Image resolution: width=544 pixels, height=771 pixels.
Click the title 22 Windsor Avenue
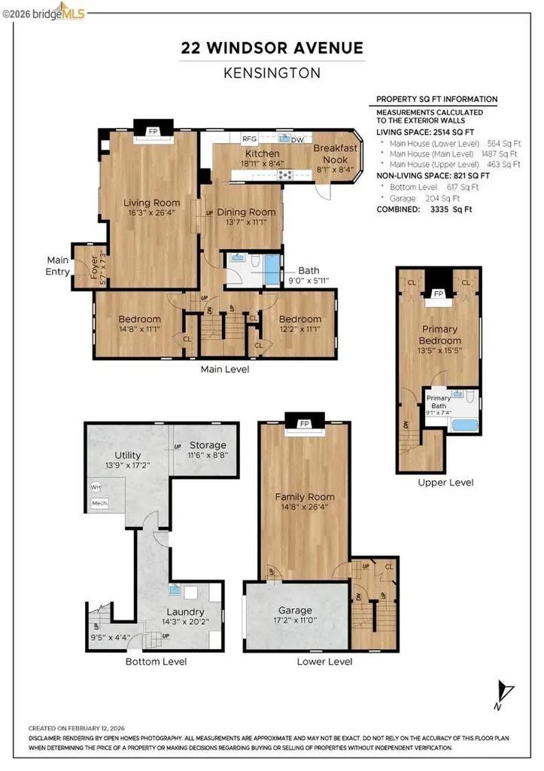click(272, 49)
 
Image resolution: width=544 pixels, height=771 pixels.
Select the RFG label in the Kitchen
click(249, 139)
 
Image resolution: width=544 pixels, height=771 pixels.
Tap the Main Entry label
click(57, 265)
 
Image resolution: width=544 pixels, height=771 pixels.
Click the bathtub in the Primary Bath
click(464, 424)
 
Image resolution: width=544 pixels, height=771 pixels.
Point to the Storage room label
click(208, 445)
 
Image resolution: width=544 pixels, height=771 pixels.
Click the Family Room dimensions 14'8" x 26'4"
click(304, 507)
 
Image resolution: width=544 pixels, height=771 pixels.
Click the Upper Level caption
click(436, 482)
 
